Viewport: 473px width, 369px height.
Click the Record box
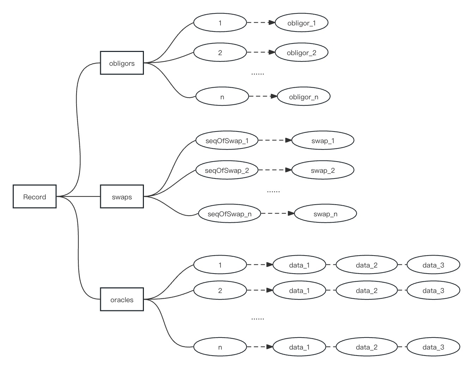tap(35, 197)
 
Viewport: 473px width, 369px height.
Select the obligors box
tap(122, 63)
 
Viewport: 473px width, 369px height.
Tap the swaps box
tap(122, 197)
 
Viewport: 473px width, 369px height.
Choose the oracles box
tap(122, 299)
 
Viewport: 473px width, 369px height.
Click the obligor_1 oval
tap(302, 23)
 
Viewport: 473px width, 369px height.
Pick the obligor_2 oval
tap(302, 53)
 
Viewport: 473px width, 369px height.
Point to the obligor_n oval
tap(304, 96)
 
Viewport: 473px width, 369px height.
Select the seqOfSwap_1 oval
tap(227, 140)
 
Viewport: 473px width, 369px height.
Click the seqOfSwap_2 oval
tap(227, 170)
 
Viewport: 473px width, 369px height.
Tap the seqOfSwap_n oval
tap(230, 213)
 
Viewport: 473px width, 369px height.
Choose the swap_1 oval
tap(323, 140)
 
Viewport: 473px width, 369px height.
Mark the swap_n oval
tap(326, 213)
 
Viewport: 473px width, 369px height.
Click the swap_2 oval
tap(323, 170)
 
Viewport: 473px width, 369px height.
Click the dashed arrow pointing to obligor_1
tap(261, 23)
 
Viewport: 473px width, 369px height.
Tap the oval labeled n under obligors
tap(222, 96)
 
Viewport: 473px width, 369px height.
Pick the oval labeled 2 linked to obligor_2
tap(220, 53)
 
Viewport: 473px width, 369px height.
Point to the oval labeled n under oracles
tap(220, 347)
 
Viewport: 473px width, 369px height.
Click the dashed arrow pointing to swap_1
tap(275, 140)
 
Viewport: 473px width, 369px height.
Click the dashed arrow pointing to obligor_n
tap(263, 96)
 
